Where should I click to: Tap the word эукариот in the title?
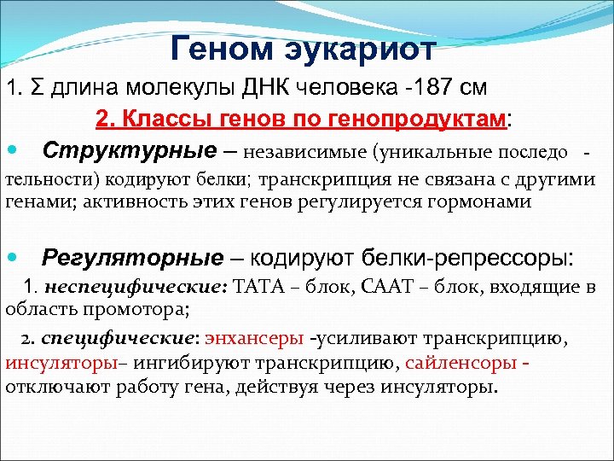pos(364,50)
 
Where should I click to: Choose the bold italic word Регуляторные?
pos(133,256)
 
